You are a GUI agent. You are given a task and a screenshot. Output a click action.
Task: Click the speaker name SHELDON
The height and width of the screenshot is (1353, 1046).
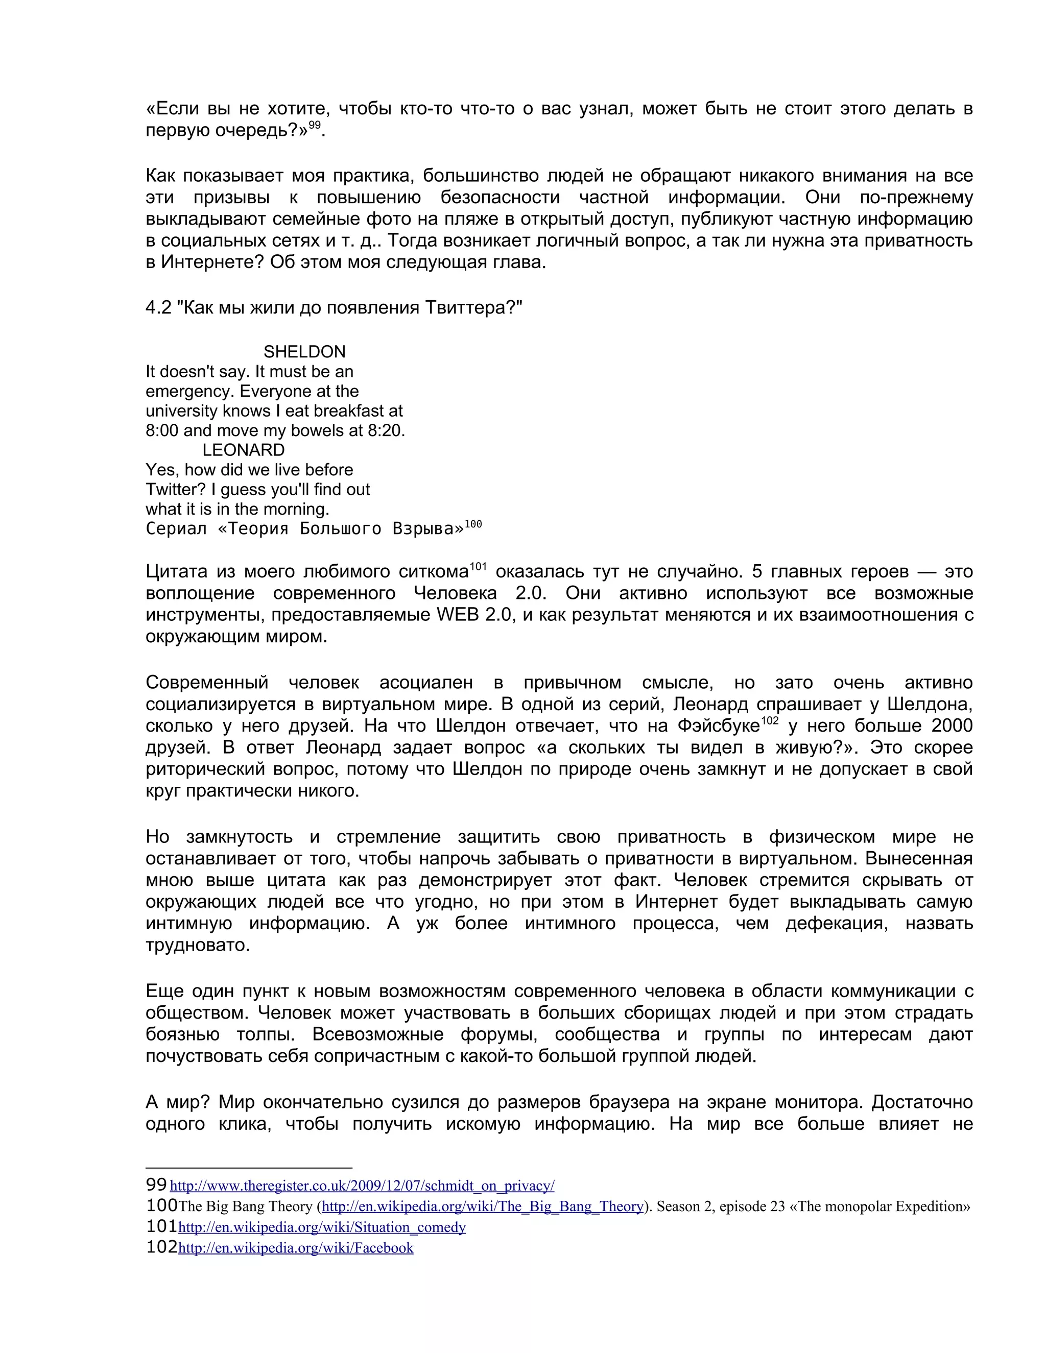304,352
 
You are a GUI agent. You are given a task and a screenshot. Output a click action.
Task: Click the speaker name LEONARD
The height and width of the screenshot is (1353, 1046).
244,450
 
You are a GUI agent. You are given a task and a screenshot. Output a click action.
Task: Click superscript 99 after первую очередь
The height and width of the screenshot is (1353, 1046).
315,126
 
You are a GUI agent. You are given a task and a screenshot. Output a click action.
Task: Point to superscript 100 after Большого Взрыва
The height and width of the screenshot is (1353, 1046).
473,525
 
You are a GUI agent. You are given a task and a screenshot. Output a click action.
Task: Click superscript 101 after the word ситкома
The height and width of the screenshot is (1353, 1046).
479,566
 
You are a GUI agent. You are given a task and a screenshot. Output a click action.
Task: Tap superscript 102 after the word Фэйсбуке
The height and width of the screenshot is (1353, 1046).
770,720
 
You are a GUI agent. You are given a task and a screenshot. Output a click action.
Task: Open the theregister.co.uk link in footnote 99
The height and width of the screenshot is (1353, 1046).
362,1186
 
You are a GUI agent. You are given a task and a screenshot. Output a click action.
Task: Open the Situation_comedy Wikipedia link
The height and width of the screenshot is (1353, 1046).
322,1227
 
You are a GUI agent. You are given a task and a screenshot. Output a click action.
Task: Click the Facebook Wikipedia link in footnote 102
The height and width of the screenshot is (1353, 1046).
296,1248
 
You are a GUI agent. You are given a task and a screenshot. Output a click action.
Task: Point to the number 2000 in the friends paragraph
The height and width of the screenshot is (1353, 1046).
952,726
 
